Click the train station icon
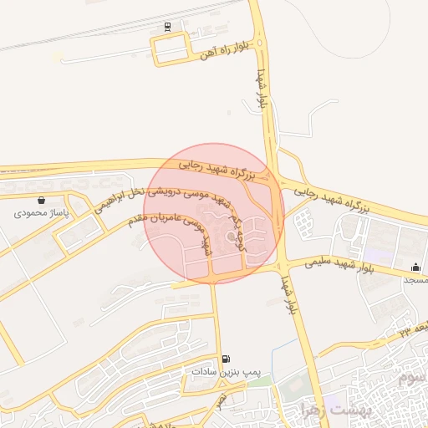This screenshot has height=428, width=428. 168,26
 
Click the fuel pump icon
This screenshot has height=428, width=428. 227,359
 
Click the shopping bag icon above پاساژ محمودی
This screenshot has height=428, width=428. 42,201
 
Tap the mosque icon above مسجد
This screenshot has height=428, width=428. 415,267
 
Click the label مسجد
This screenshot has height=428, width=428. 416,280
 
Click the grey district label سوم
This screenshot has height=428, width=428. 412,378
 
